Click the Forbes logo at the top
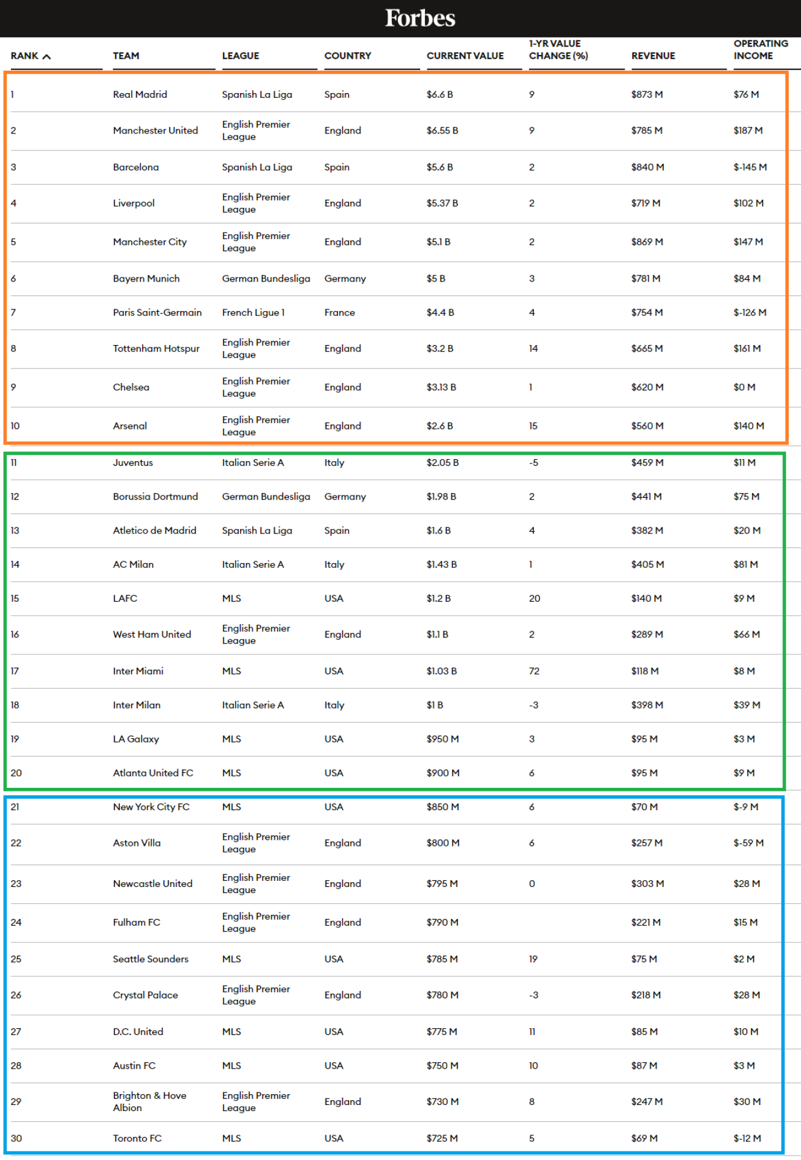coord(420,18)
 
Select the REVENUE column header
coord(653,56)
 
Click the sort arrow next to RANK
coord(47,56)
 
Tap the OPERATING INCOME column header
coord(760,50)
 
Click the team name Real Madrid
coord(140,94)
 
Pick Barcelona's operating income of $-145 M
coord(750,167)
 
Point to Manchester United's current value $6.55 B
coord(442,130)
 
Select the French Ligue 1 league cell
coord(253,312)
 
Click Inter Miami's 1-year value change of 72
coord(534,671)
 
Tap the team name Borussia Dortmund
coord(155,497)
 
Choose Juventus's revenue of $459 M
coord(647,462)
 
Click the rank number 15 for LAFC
coord(15,598)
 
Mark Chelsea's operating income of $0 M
coord(744,387)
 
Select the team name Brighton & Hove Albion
coord(149,1101)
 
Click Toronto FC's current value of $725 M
coord(442,1138)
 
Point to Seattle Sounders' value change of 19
coord(533,959)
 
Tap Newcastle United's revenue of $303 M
coord(647,883)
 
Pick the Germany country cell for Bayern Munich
coord(345,279)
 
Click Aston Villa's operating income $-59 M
coord(748,843)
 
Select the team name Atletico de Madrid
coord(154,530)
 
